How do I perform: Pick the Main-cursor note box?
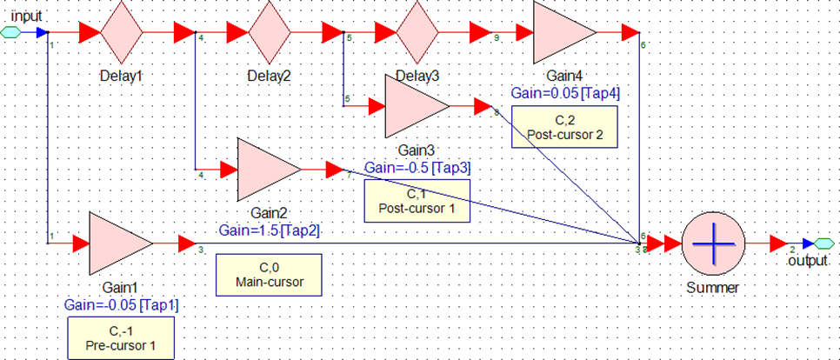[269, 275]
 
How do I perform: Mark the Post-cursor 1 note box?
[417, 201]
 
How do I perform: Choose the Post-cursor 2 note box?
[564, 128]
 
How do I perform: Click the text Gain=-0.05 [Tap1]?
[122, 305]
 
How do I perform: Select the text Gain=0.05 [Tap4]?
[565, 93]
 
